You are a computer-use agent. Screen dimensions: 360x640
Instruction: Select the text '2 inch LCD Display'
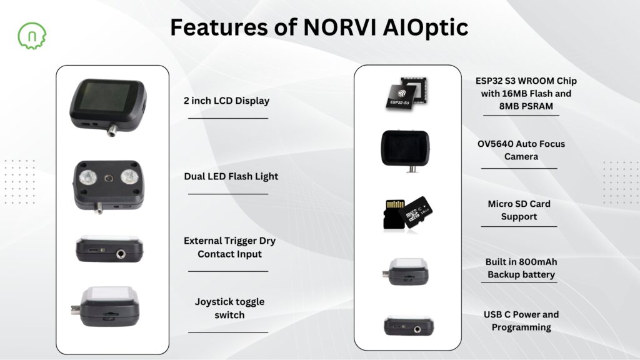click(x=226, y=101)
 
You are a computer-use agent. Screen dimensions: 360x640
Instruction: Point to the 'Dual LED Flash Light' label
click(x=231, y=176)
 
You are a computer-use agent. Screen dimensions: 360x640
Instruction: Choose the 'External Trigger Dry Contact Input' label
click(x=229, y=247)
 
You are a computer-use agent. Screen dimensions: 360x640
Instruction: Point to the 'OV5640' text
click(x=497, y=144)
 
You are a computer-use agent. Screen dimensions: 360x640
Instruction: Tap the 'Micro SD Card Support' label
click(x=519, y=210)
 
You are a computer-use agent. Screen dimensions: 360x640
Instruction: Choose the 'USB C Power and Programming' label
click(x=521, y=321)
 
